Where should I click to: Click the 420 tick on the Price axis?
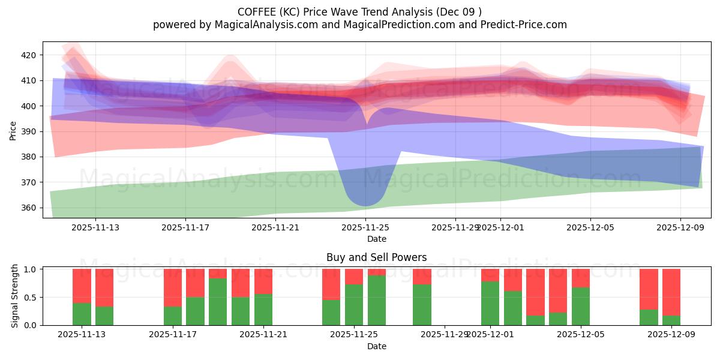(x=29, y=55)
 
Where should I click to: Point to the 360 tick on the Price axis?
(x=29, y=208)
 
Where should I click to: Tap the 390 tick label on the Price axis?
(x=29, y=131)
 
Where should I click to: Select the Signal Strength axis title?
(x=15, y=297)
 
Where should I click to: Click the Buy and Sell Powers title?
(x=376, y=257)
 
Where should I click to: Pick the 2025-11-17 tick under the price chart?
(x=185, y=227)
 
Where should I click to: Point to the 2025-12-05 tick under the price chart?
(x=590, y=227)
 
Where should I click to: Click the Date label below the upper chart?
(x=376, y=239)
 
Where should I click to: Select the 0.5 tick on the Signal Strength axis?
(x=30, y=297)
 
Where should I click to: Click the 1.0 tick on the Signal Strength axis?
(x=30, y=269)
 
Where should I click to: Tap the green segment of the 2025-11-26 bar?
(x=377, y=300)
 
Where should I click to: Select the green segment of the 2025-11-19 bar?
(x=218, y=301)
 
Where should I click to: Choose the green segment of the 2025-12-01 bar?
(x=490, y=303)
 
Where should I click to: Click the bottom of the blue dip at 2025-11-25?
(x=365, y=204)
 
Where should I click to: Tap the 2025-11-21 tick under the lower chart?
(x=263, y=334)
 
